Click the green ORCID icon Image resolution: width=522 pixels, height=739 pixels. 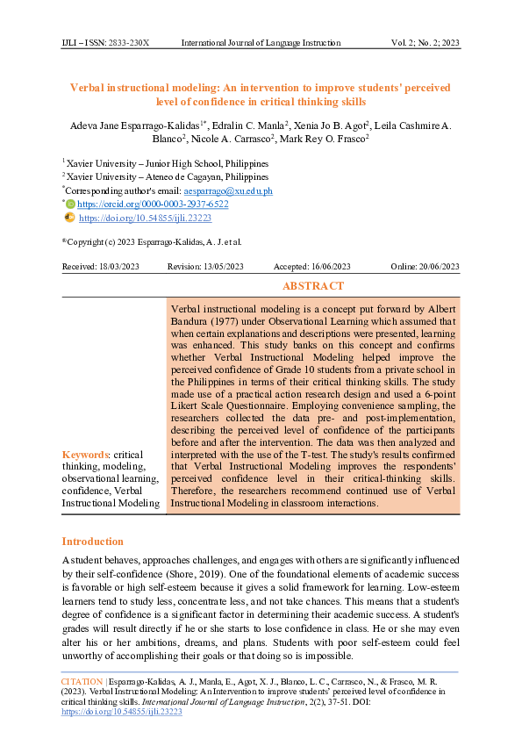pyautogui.click(x=72, y=204)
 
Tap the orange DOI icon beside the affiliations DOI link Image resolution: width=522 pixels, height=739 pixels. pyautogui.click(x=70, y=216)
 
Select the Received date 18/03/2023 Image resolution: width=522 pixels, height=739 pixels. pyautogui.click(x=101, y=267)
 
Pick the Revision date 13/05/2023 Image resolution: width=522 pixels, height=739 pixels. pyautogui.click(x=205, y=267)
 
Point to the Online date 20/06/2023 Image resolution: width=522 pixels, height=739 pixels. pyautogui.click(x=425, y=267)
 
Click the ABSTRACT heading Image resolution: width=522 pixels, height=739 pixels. pyautogui.click(x=312, y=286)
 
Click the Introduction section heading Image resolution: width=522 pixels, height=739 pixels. pyautogui.click(x=92, y=542)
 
